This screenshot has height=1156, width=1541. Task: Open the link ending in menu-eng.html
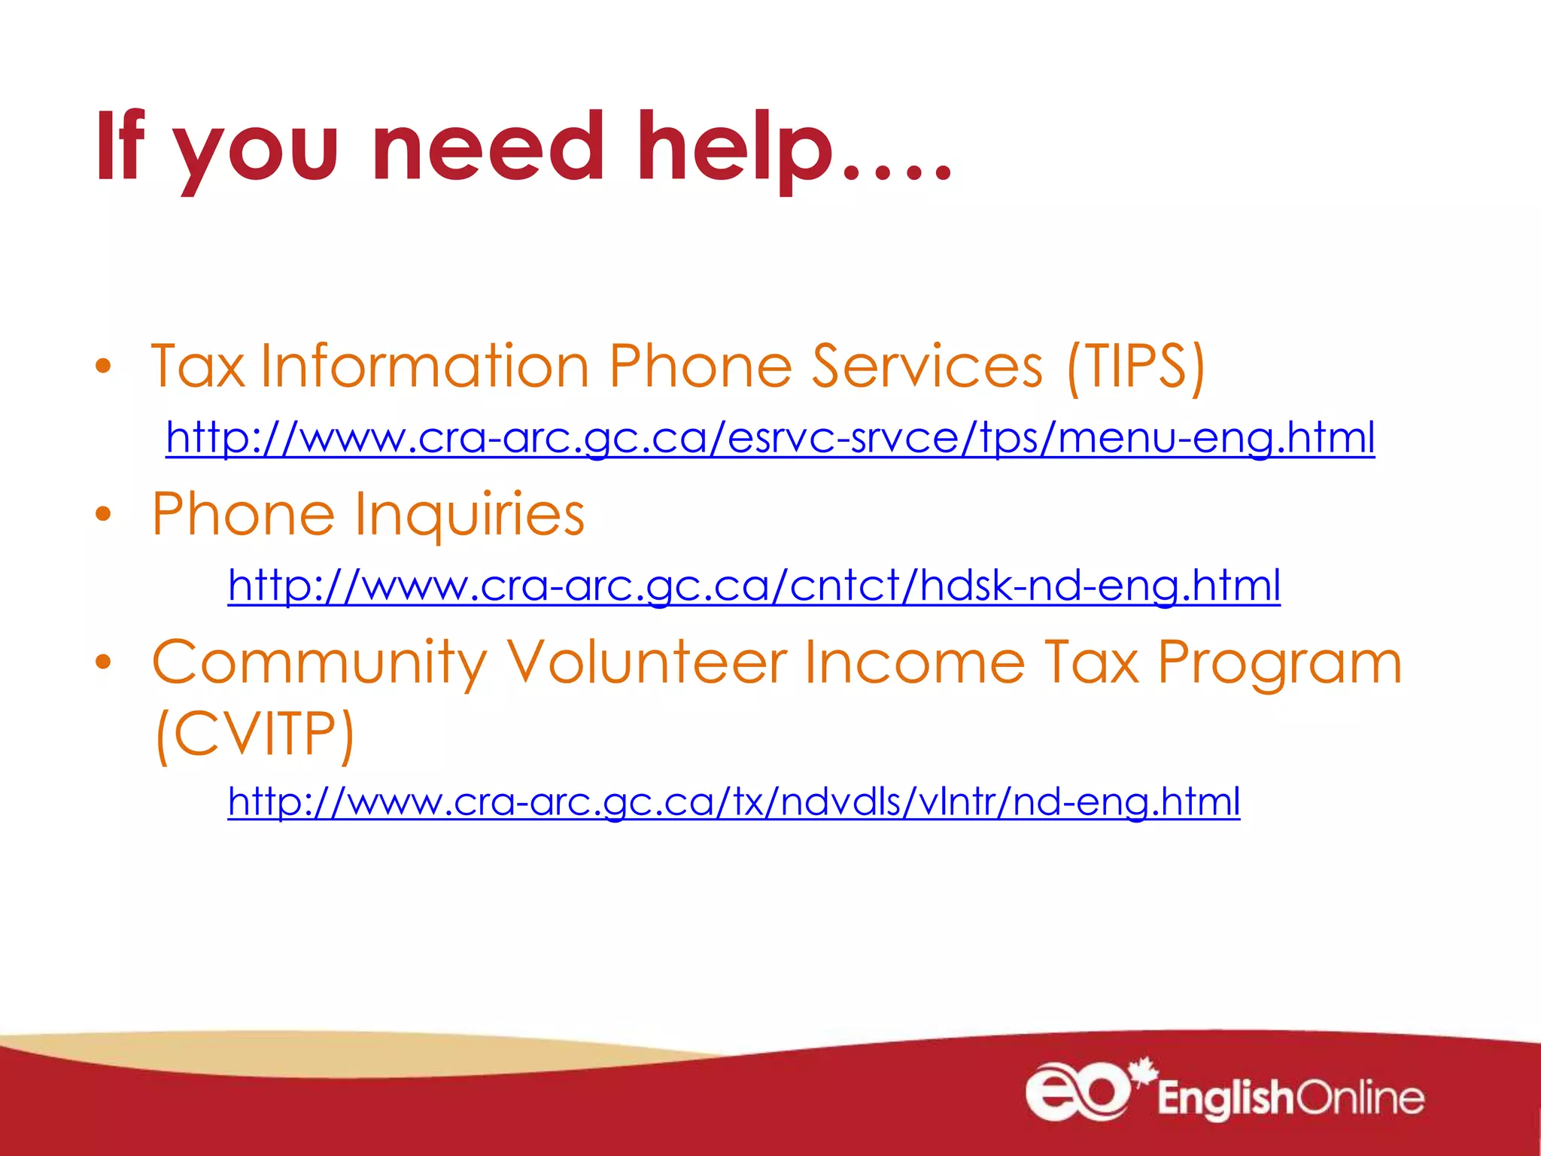pyautogui.click(x=770, y=438)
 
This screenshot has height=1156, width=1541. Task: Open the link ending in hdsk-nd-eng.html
pyautogui.click(x=754, y=586)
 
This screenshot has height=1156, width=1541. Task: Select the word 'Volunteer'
pyautogui.click(x=646, y=662)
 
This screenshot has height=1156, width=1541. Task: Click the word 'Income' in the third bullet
pyautogui.click(x=915, y=662)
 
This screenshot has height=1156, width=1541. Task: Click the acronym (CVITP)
pyautogui.click(x=254, y=735)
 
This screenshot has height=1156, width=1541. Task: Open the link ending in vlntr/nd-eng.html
pyautogui.click(x=734, y=802)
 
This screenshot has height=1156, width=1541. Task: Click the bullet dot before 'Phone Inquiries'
pyautogui.click(x=103, y=515)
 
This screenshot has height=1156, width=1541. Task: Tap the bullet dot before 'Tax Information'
pyautogui.click(x=103, y=367)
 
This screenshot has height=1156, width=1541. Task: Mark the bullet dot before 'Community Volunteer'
pyautogui.click(x=103, y=662)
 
